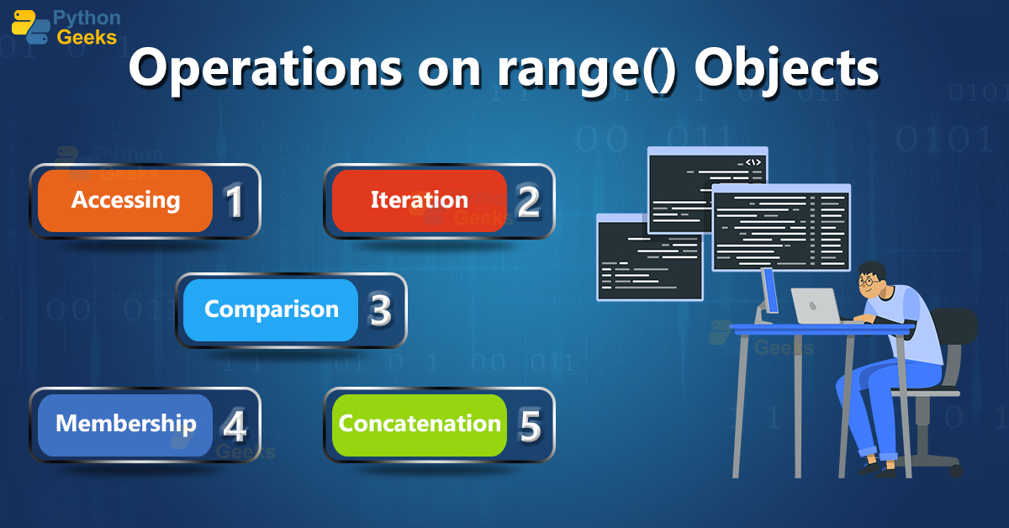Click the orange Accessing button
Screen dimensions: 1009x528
point(125,201)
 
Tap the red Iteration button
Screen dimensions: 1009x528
point(420,201)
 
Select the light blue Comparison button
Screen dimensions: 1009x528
point(271,310)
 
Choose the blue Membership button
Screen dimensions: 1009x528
point(125,425)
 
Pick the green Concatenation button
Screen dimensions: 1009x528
point(420,425)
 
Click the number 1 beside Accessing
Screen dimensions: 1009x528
point(235,202)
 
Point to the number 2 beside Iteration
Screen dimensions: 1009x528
point(528,202)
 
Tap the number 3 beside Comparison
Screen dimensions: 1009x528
point(381,310)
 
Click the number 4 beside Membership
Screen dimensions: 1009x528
point(235,425)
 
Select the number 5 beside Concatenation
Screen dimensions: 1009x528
point(531,425)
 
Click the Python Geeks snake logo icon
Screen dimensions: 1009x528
point(30,27)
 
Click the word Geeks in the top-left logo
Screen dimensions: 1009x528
point(87,37)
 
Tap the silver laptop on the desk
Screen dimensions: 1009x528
point(816,306)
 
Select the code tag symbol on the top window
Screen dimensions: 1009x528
point(753,162)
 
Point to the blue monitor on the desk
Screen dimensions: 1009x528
point(769,292)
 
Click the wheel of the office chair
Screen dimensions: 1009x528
point(956,471)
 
